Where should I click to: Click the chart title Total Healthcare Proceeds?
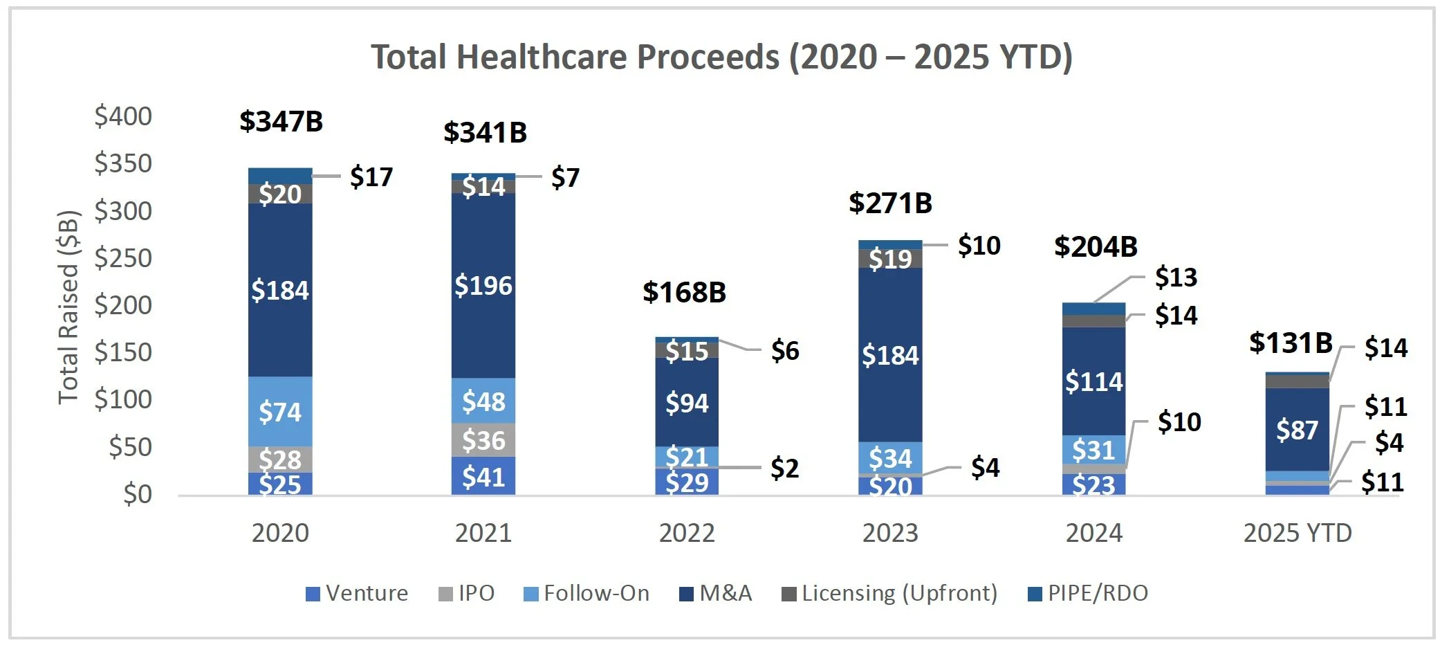point(721,57)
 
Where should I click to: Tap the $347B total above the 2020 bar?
point(281,121)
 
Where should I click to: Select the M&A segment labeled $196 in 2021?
point(483,285)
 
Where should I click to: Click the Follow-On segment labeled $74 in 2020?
point(280,412)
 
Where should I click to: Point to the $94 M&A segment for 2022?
point(687,402)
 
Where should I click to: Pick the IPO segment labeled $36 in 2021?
point(483,440)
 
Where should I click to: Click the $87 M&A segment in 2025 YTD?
point(1297,430)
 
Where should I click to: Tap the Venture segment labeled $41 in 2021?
point(483,477)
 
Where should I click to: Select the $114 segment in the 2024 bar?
point(1093,381)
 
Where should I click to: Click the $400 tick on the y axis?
point(123,116)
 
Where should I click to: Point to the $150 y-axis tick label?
point(123,352)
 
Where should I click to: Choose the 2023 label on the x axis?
point(890,533)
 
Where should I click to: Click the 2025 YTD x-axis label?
point(1297,533)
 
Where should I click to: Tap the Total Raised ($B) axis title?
point(68,306)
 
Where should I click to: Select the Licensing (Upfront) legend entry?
point(890,593)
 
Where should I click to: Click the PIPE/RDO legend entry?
point(1089,593)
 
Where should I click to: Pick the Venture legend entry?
point(358,593)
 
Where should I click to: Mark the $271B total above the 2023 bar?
point(890,203)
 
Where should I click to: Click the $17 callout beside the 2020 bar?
point(371,177)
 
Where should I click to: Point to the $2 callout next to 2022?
point(785,469)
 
